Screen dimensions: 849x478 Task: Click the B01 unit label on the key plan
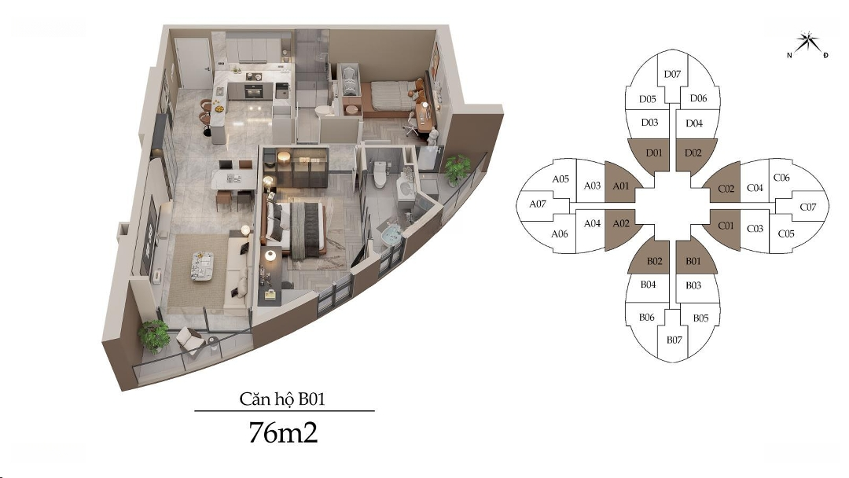[693, 262]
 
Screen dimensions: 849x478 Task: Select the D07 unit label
[672, 74]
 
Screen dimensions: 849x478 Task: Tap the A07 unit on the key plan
[537, 204]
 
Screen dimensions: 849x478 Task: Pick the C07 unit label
[807, 207]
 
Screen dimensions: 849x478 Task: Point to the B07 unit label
[674, 340]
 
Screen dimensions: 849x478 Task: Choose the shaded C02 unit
[726, 189]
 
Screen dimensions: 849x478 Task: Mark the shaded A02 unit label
[621, 223]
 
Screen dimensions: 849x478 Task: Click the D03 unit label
[650, 123]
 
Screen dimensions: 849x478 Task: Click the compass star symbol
[807, 43]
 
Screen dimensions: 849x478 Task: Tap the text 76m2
[283, 432]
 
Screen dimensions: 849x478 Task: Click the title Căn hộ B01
[282, 399]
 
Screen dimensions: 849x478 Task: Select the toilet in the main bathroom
[380, 175]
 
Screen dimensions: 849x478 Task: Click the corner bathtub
[391, 236]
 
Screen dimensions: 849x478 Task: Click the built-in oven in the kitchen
[253, 91]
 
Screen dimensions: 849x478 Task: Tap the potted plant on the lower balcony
[154, 336]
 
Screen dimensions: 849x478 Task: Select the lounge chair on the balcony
[189, 341]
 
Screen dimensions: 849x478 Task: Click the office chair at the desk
[411, 124]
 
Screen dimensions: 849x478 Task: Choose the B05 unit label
[700, 318]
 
